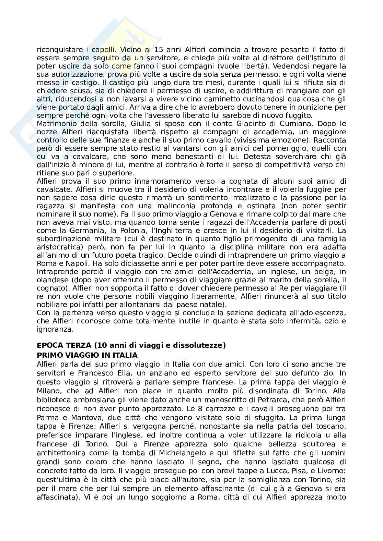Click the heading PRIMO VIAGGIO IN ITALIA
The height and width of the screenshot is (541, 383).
tap(87, 355)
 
